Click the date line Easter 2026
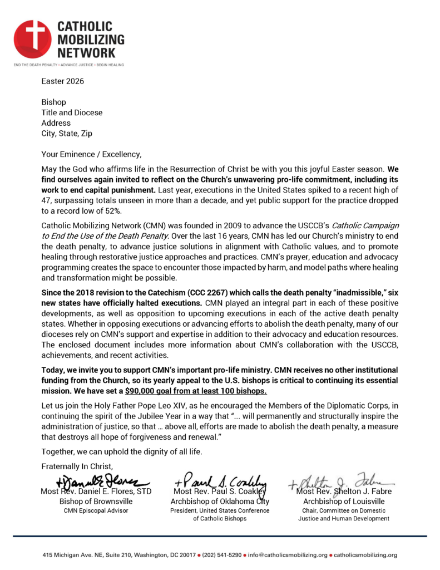pos(62,82)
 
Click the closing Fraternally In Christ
pos(78,465)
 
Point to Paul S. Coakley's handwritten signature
pos(221,481)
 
